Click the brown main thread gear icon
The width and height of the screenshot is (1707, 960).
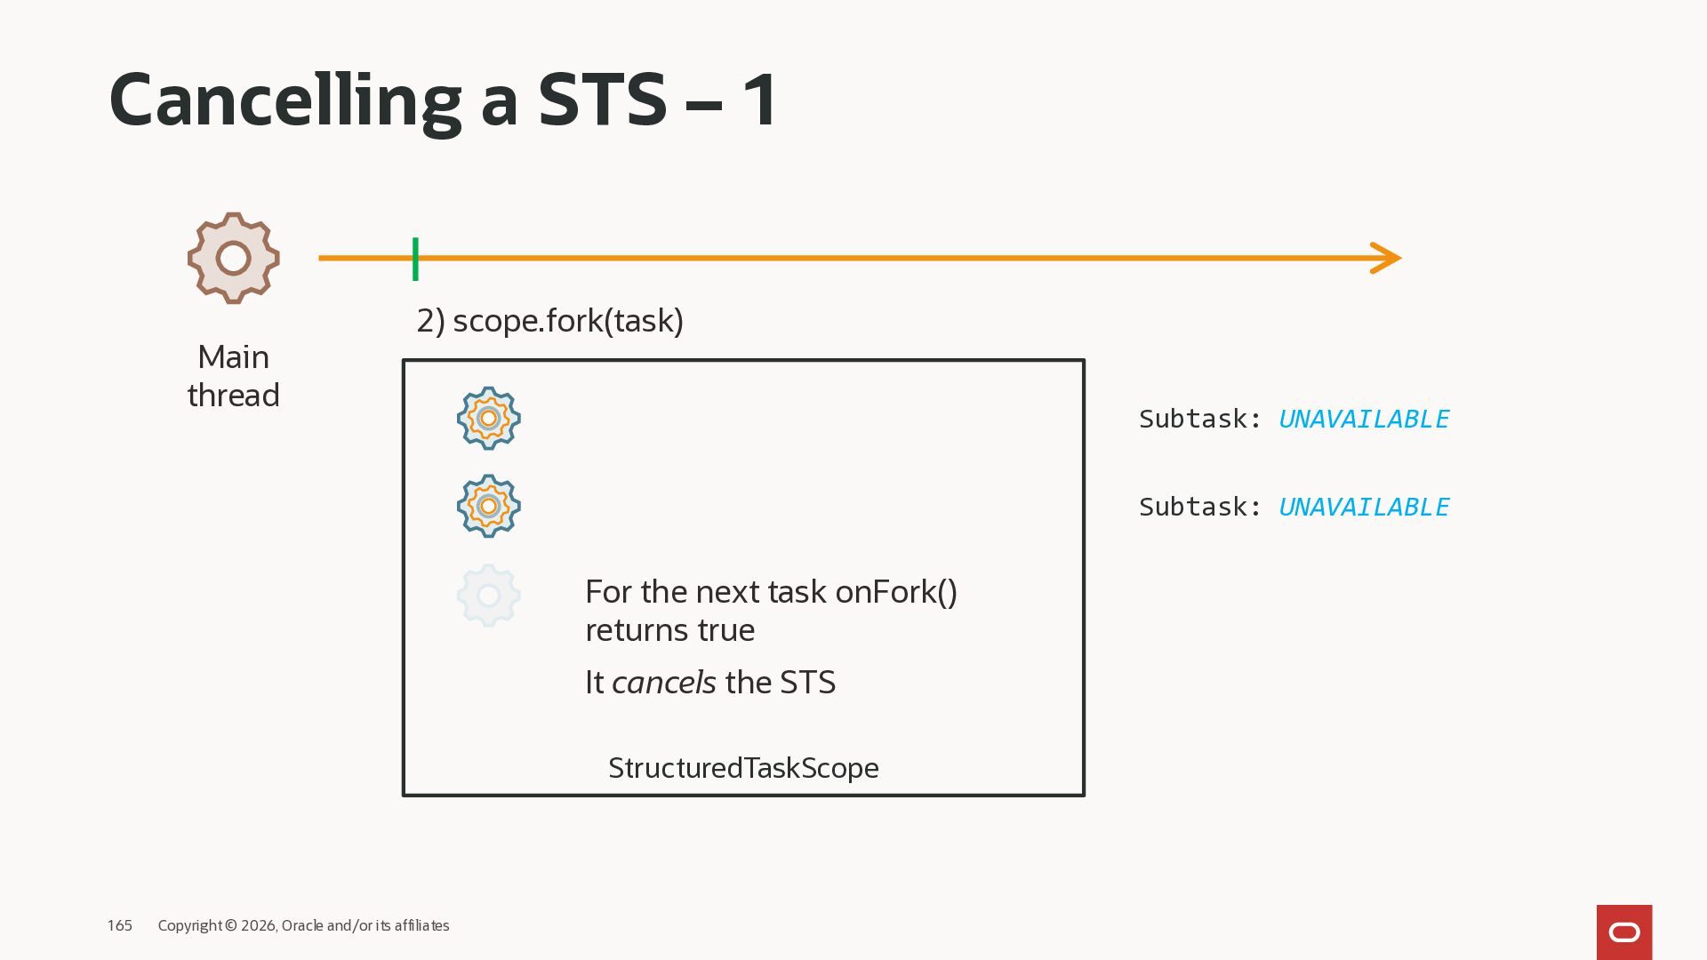[x=233, y=258]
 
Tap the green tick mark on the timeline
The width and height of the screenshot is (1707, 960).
[x=415, y=259]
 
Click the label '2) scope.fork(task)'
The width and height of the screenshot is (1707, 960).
[x=549, y=321]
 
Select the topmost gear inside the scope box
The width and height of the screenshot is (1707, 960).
[x=488, y=418]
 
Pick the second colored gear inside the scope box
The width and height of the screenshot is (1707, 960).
[x=488, y=506]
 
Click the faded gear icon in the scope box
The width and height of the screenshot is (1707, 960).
[x=488, y=595]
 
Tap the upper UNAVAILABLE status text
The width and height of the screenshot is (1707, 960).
[x=1363, y=419]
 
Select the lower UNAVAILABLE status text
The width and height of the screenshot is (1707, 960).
[x=1363, y=507]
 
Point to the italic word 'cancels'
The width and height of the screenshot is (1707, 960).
[x=663, y=683]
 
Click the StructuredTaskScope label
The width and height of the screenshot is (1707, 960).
[x=743, y=768]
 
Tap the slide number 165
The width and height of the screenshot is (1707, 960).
[x=119, y=925]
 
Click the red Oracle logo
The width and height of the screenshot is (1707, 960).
[x=1623, y=932]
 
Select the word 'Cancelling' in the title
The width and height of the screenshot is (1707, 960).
[x=284, y=100]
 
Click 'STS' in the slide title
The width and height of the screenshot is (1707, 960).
[x=602, y=100]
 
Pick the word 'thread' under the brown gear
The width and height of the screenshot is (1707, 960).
[x=233, y=396]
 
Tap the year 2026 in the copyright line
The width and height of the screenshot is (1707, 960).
[x=258, y=925]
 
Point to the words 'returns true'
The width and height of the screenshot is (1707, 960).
[x=669, y=630]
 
